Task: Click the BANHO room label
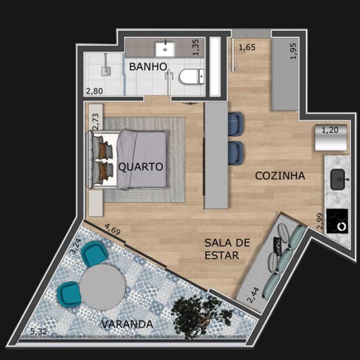pyautogui.click(x=148, y=67)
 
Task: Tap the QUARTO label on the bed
pyautogui.click(x=141, y=166)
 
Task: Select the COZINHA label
pyautogui.click(x=280, y=176)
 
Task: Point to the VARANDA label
pyautogui.click(x=127, y=324)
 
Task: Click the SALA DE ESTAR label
pyautogui.click(x=227, y=249)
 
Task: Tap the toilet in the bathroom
pyautogui.click(x=192, y=77)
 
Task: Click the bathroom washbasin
pyautogui.click(x=164, y=49)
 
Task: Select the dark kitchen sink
pyautogui.click(x=338, y=179)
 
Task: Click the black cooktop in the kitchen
pyautogui.click(x=337, y=221)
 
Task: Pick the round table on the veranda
pyautogui.click(x=103, y=287)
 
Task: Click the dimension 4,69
pyautogui.click(x=113, y=230)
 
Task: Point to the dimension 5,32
pyautogui.click(x=38, y=331)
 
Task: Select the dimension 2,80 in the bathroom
pyautogui.click(x=94, y=91)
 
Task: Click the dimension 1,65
pyautogui.click(x=247, y=48)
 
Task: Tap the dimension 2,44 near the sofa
pyautogui.click(x=253, y=295)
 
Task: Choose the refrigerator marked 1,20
pyautogui.click(x=331, y=137)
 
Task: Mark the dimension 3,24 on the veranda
pyautogui.click(x=75, y=247)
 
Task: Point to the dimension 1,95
pyautogui.click(x=293, y=51)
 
